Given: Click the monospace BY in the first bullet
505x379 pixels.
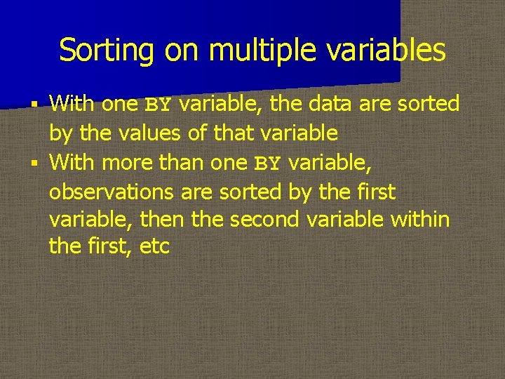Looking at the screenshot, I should [x=158, y=105].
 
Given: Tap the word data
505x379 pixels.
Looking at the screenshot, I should [x=329, y=105].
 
